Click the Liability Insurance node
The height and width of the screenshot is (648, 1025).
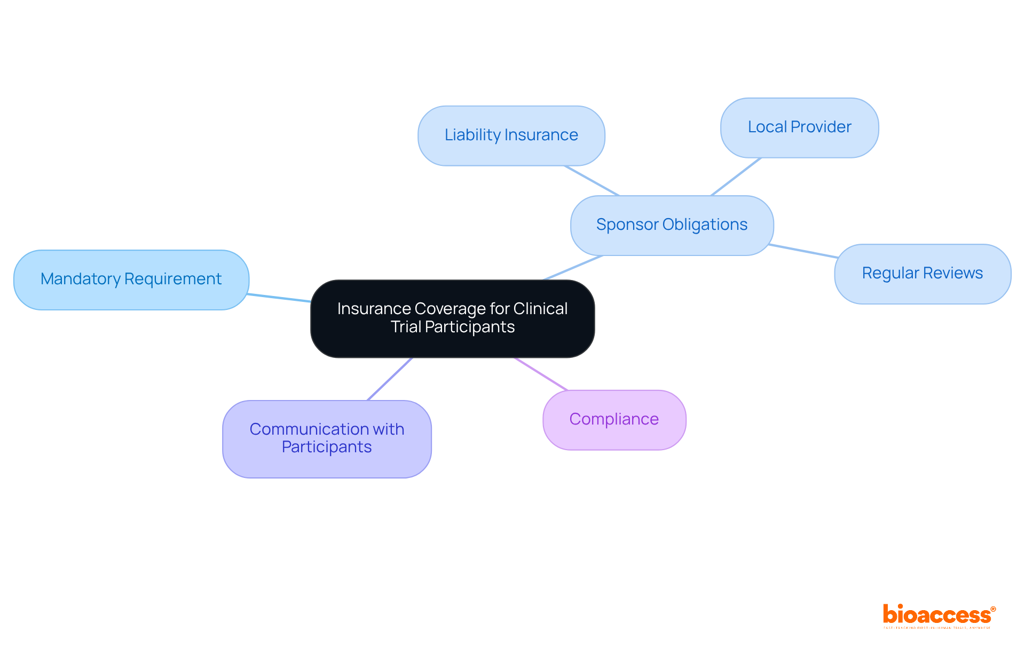click(x=511, y=135)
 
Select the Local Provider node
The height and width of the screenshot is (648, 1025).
click(x=799, y=127)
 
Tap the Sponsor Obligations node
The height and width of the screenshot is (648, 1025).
click(x=672, y=225)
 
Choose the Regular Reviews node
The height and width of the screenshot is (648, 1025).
click(x=922, y=274)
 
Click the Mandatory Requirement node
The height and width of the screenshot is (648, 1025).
click(x=131, y=279)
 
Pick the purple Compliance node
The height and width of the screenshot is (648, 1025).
click(x=614, y=420)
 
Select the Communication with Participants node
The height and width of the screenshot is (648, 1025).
click(x=327, y=438)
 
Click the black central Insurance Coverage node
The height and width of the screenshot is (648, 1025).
click(x=452, y=318)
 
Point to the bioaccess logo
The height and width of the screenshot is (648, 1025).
click(x=939, y=615)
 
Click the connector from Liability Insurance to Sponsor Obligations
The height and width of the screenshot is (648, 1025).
click(x=592, y=181)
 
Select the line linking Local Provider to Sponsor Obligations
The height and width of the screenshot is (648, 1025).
click(x=736, y=177)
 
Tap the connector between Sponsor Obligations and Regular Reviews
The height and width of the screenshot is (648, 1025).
click(x=803, y=251)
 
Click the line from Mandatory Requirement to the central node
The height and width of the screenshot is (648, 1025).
click(x=279, y=298)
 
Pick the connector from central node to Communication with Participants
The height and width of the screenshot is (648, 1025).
click(x=390, y=379)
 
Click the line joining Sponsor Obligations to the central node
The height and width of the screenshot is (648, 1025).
click(x=573, y=268)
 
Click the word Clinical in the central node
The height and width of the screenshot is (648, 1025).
click(x=540, y=309)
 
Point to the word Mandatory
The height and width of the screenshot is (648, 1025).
click(x=81, y=279)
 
